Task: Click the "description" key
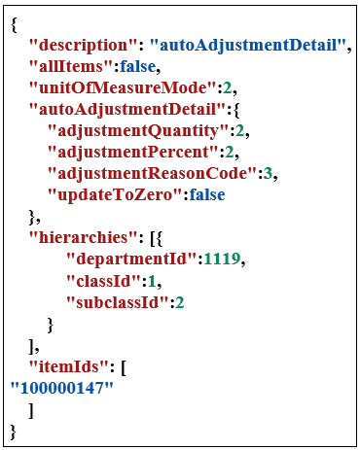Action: pyautogui.click(x=85, y=45)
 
